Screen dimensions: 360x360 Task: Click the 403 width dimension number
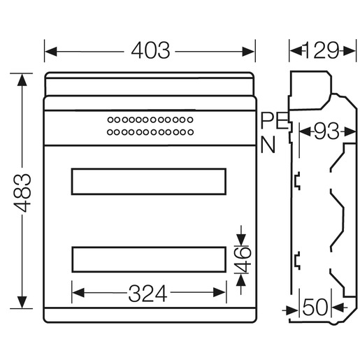pos(150,50)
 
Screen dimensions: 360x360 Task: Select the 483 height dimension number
pos(22,193)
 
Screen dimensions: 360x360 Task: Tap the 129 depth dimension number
pos(321,50)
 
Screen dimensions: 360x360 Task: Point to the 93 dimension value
pos(326,131)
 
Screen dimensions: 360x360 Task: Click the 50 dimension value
pos(315,307)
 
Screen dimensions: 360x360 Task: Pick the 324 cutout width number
pos(147,294)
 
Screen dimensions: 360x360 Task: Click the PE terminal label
pos(274,121)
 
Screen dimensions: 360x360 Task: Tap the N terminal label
pos(268,145)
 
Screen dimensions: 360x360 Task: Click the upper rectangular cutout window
pos(149,168)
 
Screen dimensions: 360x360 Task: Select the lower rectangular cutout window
pos(149,247)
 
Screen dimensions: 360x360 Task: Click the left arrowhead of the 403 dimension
pos(50,52)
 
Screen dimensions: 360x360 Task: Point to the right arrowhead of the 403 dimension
pos(248,52)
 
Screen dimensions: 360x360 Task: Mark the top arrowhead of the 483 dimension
pos(22,80)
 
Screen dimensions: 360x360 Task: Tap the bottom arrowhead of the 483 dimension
pos(22,302)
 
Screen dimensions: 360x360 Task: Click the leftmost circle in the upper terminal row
pos(110,120)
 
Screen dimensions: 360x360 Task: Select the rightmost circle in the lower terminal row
pos(191,132)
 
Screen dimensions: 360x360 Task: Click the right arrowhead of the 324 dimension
pos(219,292)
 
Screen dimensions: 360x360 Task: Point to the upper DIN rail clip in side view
pos(297,181)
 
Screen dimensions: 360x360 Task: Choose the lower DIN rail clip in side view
pos(297,261)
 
